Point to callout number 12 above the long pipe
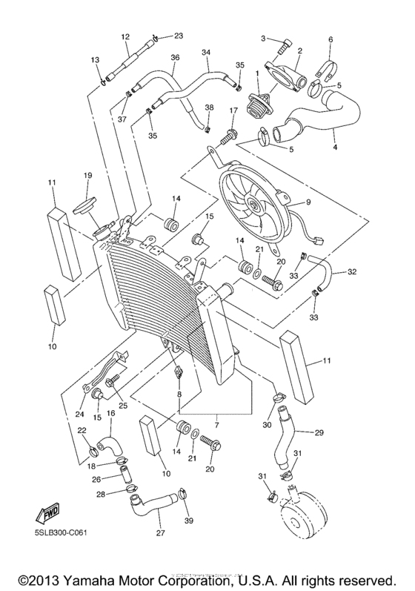124,37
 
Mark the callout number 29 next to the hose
319,432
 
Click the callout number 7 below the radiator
216,425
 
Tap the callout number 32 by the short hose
351,272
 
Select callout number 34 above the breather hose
206,53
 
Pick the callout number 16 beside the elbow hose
109,414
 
